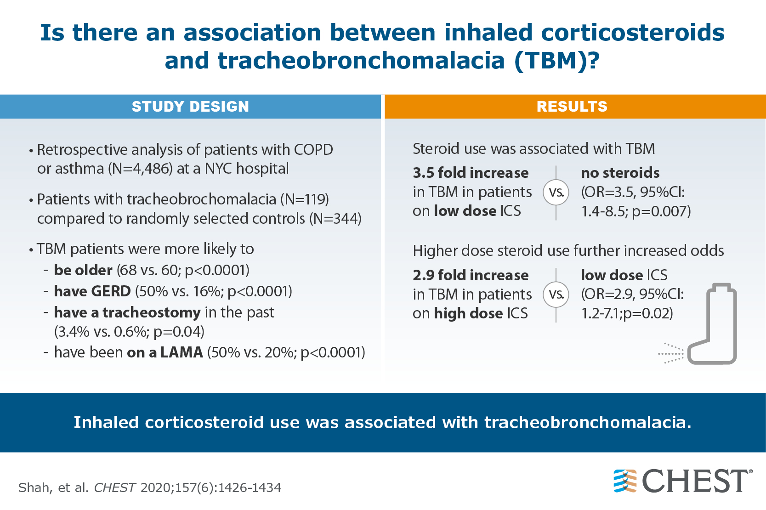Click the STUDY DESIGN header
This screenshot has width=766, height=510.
190,107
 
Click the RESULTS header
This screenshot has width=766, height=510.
572,107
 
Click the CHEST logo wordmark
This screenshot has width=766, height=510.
695,481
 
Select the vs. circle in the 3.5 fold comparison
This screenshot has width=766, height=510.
556,193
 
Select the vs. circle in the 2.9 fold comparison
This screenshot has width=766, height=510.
556,295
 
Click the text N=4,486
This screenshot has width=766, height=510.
140,169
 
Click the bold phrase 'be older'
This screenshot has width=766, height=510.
83,270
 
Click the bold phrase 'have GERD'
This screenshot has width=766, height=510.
92,291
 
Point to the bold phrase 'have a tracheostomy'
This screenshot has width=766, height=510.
127,312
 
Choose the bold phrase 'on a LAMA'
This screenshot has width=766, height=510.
165,352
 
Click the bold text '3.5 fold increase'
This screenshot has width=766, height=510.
471,173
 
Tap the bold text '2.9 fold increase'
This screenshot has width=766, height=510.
471,275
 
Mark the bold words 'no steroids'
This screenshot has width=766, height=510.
620,173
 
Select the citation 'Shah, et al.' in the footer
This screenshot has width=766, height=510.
53,487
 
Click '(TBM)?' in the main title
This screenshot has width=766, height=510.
557,61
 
